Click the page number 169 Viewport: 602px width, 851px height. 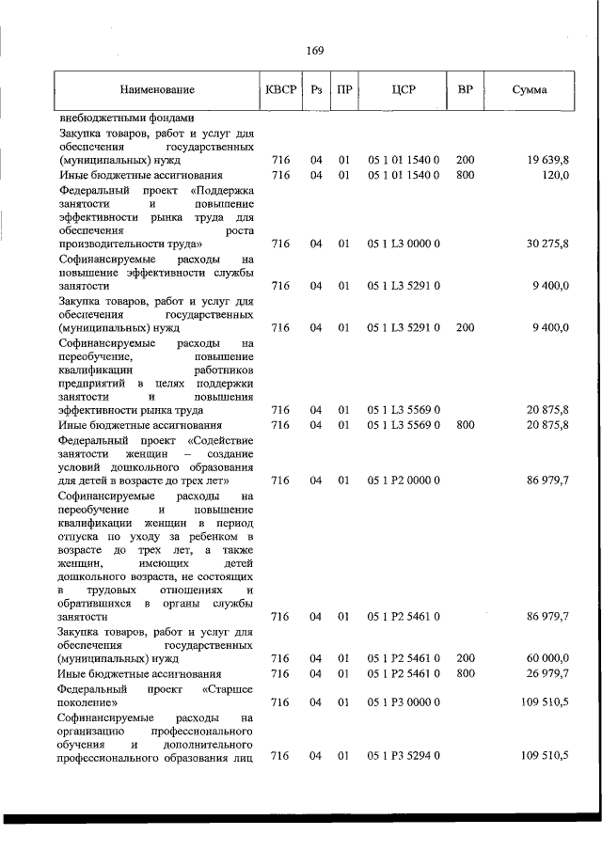coord(315,51)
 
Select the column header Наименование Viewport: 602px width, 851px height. coord(157,90)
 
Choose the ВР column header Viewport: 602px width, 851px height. coord(465,90)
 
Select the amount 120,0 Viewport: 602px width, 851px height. coord(553,175)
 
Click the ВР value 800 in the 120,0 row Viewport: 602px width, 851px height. coord(465,175)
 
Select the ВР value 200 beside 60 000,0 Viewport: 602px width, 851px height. coord(465,658)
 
